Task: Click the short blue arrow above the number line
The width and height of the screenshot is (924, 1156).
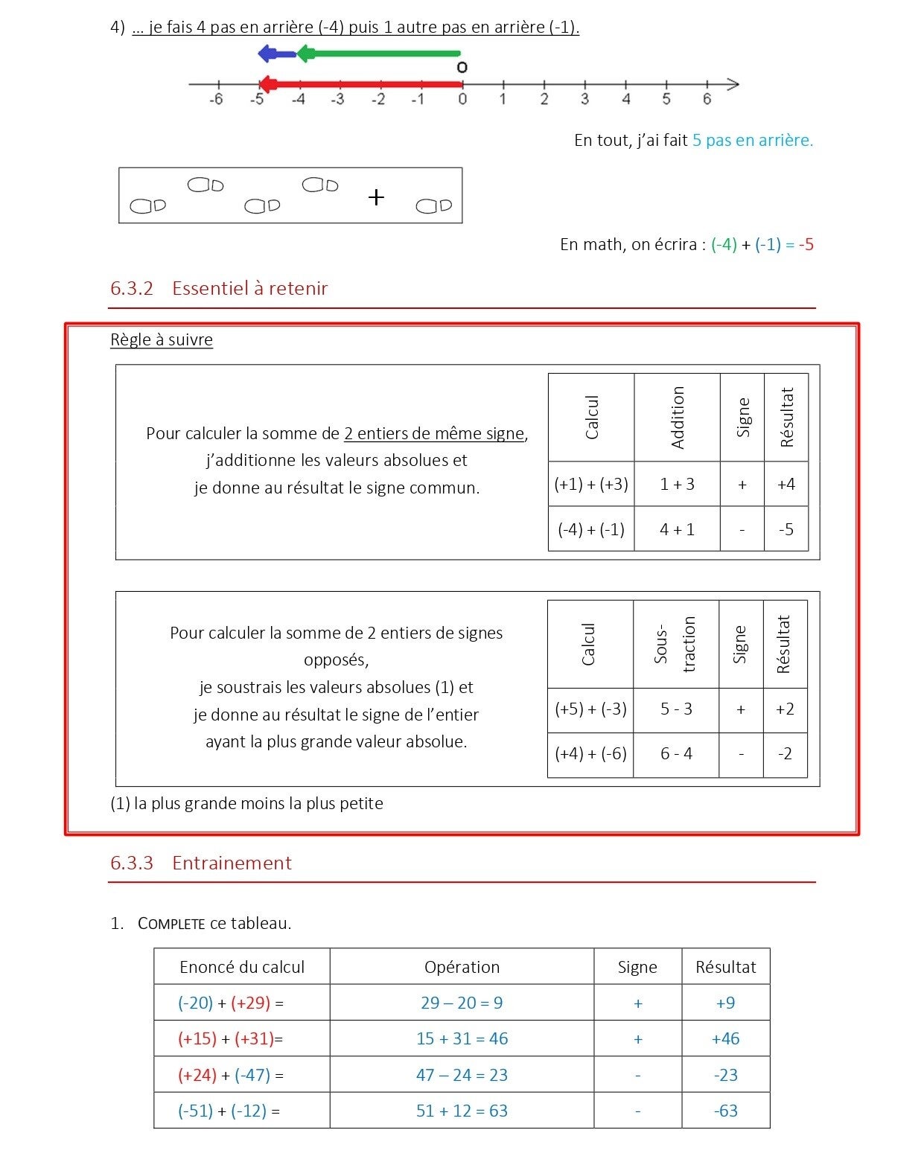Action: click(x=277, y=54)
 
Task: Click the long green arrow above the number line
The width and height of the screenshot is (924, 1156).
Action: click(x=380, y=54)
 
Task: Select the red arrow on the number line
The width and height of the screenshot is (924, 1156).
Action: click(x=361, y=84)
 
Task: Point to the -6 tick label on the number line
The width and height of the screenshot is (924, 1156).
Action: click(x=216, y=99)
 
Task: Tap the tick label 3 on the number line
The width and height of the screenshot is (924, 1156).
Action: click(x=584, y=99)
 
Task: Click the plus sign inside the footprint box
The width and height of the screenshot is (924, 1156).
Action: click(x=377, y=197)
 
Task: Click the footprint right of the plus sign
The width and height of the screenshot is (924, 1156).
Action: click(x=433, y=205)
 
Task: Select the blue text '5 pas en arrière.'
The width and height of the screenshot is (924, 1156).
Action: click(x=752, y=140)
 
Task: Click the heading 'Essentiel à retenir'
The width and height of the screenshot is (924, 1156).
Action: click(x=249, y=289)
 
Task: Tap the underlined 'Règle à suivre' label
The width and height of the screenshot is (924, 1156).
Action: click(x=162, y=340)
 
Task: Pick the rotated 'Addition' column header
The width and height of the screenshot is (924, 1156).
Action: click(x=678, y=418)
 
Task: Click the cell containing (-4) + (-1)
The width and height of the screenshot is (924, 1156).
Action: click(x=591, y=529)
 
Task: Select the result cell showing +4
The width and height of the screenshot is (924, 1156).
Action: click(x=786, y=485)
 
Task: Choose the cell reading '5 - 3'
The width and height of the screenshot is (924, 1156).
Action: click(x=676, y=709)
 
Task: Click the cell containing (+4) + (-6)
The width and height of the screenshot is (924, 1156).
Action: click(x=590, y=754)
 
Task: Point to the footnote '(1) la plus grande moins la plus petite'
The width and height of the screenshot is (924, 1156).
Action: click(x=246, y=804)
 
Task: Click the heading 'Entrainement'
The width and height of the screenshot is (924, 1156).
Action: click(x=232, y=863)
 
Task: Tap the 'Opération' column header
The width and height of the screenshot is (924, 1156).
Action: click(x=462, y=967)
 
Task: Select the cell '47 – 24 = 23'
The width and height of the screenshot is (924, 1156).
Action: click(x=462, y=1076)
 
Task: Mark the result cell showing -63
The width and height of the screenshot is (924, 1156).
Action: click(x=725, y=1111)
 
